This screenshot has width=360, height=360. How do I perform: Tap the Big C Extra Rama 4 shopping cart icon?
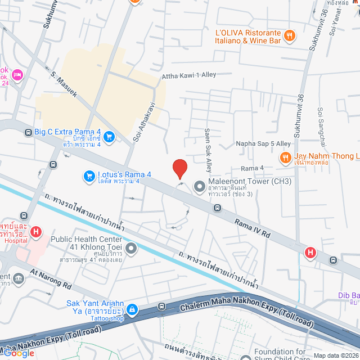point(109,137)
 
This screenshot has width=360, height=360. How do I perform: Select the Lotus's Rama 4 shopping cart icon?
point(88,176)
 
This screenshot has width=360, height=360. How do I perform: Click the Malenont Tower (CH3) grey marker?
point(199,186)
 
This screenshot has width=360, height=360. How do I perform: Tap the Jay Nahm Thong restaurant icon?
point(286,157)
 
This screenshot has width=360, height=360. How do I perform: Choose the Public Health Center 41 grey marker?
point(131,248)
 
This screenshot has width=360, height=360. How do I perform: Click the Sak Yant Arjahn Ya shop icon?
point(131,309)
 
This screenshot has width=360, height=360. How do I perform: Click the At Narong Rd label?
point(51,280)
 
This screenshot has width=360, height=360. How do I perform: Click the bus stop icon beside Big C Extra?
point(28,133)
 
